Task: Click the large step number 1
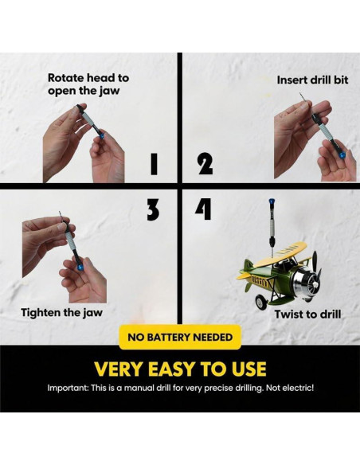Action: pos(154,164)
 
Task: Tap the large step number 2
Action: pos(205,164)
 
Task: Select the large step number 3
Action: pos(153,209)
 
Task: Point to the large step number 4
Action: pos(203,209)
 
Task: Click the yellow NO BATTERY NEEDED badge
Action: pos(180,337)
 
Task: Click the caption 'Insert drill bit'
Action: pos(312,80)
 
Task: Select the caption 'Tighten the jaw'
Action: pos(61,313)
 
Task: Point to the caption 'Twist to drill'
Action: pos(307,315)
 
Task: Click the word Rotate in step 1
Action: pos(66,78)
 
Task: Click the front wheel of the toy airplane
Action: pos(262,303)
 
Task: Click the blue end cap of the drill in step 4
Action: pos(272,201)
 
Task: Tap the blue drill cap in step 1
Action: pos(101,135)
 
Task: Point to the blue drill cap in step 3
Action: pos(80,268)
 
